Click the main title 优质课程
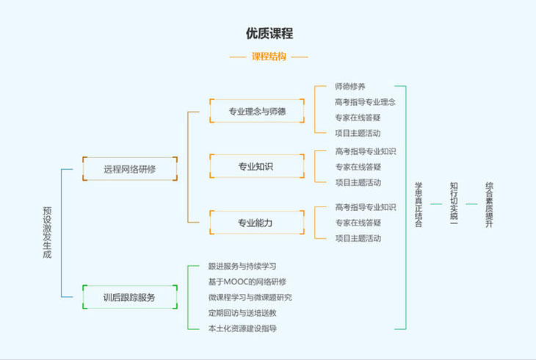(269, 33)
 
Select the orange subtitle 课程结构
(269, 56)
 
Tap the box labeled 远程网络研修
(129, 169)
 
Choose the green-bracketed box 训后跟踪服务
(129, 298)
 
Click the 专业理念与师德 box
(257, 112)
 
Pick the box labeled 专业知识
(256, 167)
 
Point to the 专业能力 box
(256, 223)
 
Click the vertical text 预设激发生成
(47, 231)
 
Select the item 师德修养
(350, 87)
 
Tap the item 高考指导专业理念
(365, 102)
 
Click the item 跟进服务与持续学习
(242, 266)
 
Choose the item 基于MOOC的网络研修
(247, 281)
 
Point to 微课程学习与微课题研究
(250, 297)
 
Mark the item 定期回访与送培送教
(242, 312)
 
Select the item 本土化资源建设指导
(242, 328)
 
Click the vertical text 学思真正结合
(419, 204)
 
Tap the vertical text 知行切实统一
(454, 204)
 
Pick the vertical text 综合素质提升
(489, 204)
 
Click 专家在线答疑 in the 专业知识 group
(358, 167)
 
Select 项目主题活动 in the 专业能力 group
(358, 238)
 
